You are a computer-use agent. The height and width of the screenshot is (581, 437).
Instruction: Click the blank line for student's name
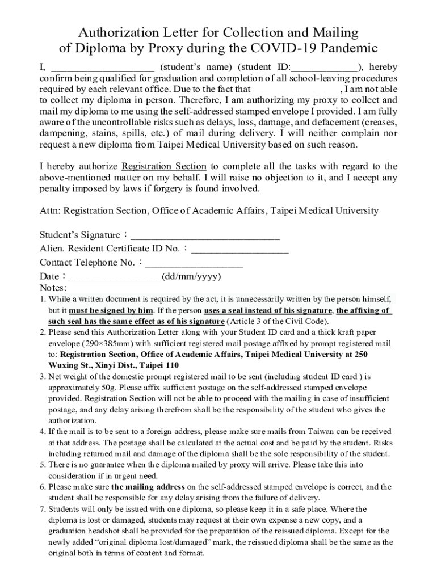point(102,67)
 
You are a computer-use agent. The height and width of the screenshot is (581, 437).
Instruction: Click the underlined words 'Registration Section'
point(164,166)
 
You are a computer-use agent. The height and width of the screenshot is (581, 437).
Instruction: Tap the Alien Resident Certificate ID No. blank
point(240,249)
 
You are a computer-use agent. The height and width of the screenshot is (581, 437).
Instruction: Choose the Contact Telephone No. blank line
point(194,263)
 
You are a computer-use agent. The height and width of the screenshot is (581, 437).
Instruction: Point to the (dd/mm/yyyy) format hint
point(191,277)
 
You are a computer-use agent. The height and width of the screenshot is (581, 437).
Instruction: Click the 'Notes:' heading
point(53,288)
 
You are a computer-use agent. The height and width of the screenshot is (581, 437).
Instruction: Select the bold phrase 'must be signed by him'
point(111,310)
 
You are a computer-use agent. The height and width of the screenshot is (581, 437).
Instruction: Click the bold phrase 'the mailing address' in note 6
point(148,487)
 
